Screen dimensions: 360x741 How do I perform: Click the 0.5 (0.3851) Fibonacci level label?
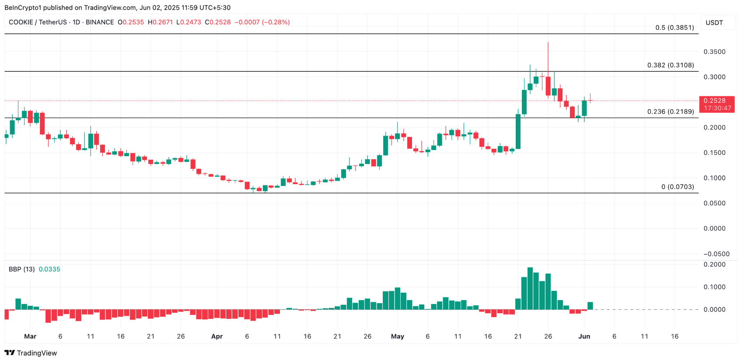(674, 28)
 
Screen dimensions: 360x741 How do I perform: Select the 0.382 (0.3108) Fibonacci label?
(670, 65)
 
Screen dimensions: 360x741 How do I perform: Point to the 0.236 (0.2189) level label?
(670, 112)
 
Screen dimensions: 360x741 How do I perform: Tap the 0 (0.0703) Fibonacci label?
(677, 187)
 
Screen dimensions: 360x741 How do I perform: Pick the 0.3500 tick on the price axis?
(714, 52)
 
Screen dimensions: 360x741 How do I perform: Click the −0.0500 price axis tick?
(716, 254)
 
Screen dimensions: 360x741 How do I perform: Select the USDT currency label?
(714, 23)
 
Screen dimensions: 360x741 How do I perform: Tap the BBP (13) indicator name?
(22, 269)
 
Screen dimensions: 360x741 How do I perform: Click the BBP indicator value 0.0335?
(49, 269)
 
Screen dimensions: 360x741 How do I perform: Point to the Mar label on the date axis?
(30, 336)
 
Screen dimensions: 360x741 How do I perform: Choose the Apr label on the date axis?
(217, 336)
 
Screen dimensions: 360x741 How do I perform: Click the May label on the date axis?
(397, 336)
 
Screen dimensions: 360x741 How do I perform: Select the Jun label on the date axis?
(584, 336)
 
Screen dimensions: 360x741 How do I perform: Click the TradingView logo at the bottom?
(31, 353)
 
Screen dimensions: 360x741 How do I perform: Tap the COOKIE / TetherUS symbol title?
(38, 22)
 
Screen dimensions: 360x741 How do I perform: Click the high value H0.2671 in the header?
(160, 22)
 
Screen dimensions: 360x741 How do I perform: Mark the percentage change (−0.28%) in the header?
(276, 22)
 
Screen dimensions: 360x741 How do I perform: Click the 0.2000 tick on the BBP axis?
(714, 264)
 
